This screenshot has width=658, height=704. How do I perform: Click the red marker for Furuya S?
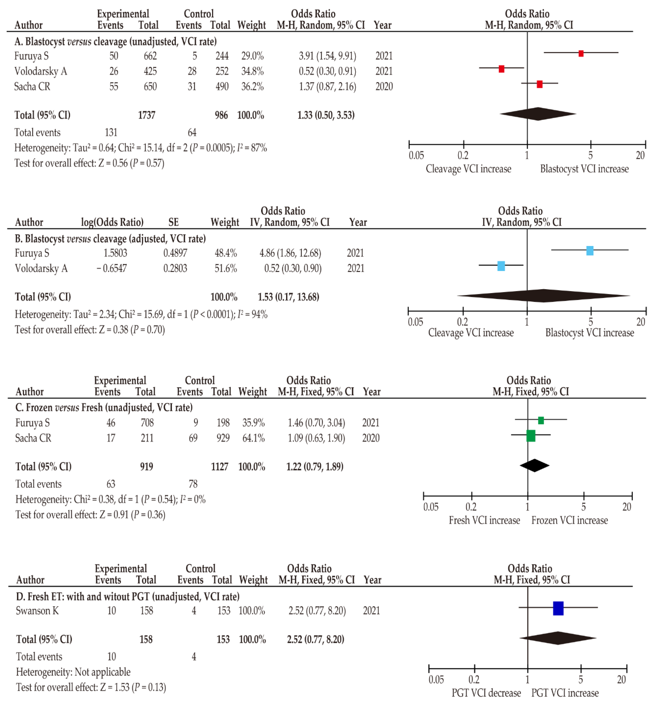580,53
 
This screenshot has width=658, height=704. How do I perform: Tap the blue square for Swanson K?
558,608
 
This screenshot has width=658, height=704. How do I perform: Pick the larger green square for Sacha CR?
531,436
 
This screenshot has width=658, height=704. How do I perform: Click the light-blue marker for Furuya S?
589,251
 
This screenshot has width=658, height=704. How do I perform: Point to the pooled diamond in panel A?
538,114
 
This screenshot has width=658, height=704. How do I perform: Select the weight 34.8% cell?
252,71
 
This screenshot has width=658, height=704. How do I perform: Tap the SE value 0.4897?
175,253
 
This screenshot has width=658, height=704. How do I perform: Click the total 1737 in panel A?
146,115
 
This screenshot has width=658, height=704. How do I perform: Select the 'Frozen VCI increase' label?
569,520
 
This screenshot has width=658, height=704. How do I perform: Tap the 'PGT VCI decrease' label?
486,692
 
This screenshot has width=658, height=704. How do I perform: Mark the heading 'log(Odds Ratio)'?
112,222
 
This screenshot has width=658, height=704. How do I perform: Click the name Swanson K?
37,611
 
